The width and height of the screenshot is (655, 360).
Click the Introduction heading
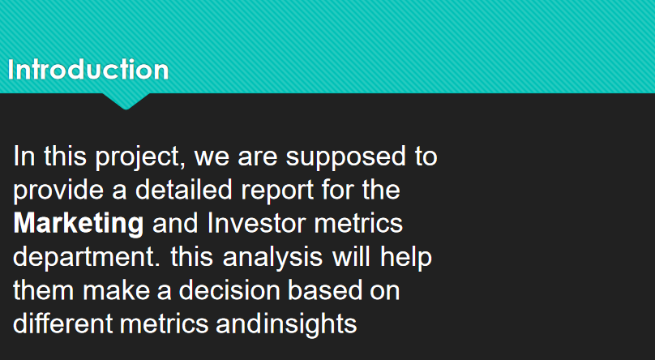point(88,70)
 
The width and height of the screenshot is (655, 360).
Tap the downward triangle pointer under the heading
point(126,101)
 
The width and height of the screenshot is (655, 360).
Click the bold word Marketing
point(79,225)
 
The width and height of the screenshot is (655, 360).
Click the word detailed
point(183,190)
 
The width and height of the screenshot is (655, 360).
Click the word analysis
point(272,258)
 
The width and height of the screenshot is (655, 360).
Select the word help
point(405,258)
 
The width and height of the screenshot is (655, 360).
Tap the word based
point(319,290)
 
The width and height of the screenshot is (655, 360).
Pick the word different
point(63,324)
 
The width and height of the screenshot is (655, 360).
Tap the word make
point(116,290)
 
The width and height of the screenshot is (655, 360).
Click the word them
point(44,290)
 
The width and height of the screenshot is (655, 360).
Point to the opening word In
point(24,156)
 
